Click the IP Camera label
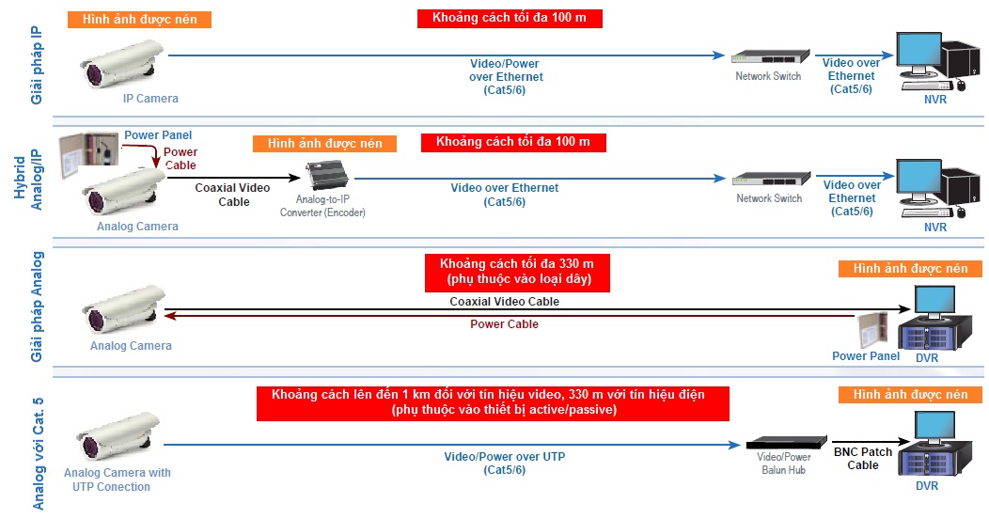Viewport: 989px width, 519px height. [x=149, y=98]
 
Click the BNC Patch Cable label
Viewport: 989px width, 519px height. [x=862, y=458]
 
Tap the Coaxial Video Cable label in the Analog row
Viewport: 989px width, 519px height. [x=504, y=302]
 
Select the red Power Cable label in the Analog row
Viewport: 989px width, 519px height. [x=504, y=324]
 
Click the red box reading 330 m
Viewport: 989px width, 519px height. [x=516, y=272]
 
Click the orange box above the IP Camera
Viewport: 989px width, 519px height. [x=139, y=19]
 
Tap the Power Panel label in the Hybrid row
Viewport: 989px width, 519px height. [x=158, y=135]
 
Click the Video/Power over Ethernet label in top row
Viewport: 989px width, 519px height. [x=506, y=77]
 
